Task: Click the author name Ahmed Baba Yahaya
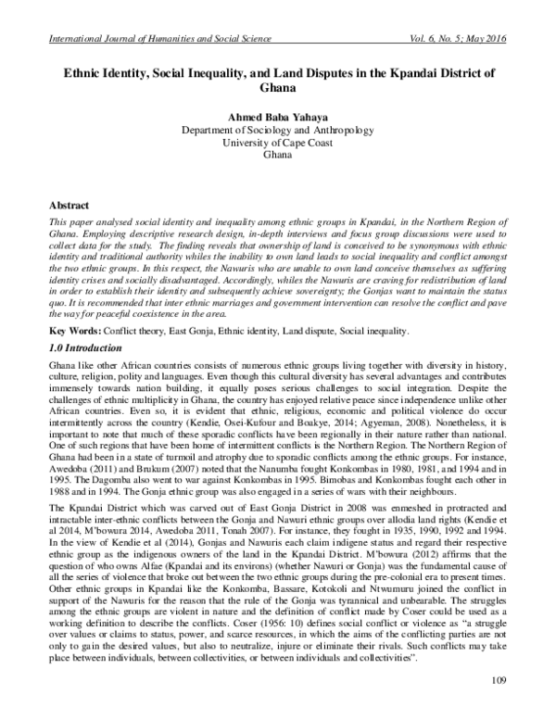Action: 277,118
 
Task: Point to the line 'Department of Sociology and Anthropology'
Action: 277,132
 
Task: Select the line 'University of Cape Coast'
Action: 277,145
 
